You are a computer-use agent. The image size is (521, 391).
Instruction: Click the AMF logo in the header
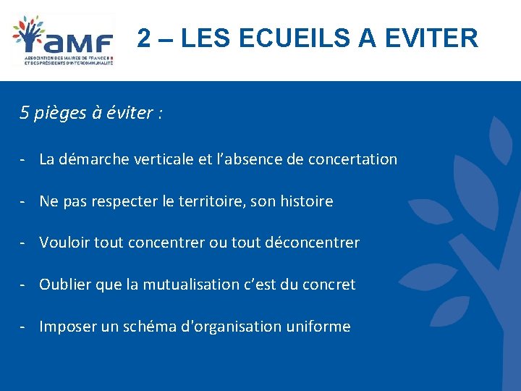(x=64, y=40)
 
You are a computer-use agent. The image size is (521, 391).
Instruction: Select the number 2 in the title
(x=145, y=38)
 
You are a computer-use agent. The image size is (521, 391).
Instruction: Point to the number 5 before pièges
(x=25, y=113)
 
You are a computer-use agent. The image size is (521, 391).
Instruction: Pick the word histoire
(x=305, y=201)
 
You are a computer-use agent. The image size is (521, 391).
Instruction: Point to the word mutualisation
(x=185, y=285)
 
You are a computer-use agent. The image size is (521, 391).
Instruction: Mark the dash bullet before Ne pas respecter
(x=25, y=201)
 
